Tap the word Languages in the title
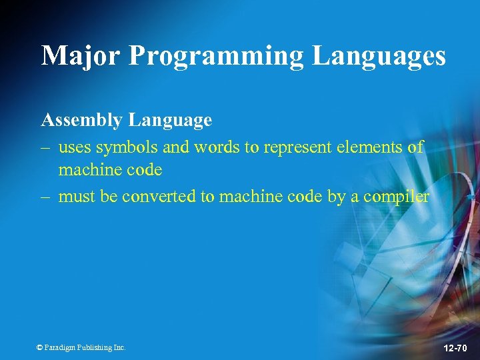379,56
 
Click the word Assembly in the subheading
82,121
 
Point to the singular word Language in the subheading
171,121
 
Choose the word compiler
396,197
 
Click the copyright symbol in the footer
39,347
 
